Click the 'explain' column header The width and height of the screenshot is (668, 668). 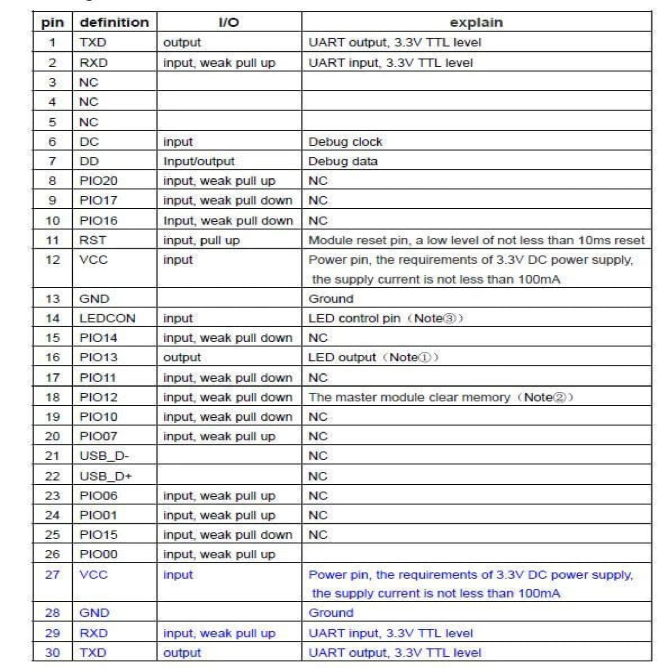[x=476, y=22]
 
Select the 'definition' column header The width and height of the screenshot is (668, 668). [x=114, y=22]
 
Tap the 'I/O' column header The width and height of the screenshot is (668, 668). [x=229, y=22]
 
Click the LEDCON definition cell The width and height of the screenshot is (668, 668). [x=107, y=319]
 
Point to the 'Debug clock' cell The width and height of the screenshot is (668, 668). [x=345, y=142]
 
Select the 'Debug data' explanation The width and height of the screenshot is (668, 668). [x=343, y=161]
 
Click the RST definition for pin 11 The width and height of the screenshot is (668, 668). [x=93, y=240]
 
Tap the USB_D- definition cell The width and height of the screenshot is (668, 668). [x=104, y=456]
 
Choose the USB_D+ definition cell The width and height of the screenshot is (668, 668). [x=106, y=476]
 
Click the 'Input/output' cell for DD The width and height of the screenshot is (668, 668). [x=199, y=161]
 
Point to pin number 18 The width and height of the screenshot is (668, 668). [x=53, y=397]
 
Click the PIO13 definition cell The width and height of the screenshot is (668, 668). [x=99, y=357]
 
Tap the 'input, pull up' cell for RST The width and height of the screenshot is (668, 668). [x=201, y=240]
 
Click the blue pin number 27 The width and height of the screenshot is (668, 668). [x=53, y=575]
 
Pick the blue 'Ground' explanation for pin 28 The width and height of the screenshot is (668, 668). [x=331, y=613]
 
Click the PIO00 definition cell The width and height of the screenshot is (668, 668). [x=99, y=554]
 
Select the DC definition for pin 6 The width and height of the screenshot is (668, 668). [x=89, y=142]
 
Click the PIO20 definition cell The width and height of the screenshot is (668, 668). [x=99, y=181]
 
